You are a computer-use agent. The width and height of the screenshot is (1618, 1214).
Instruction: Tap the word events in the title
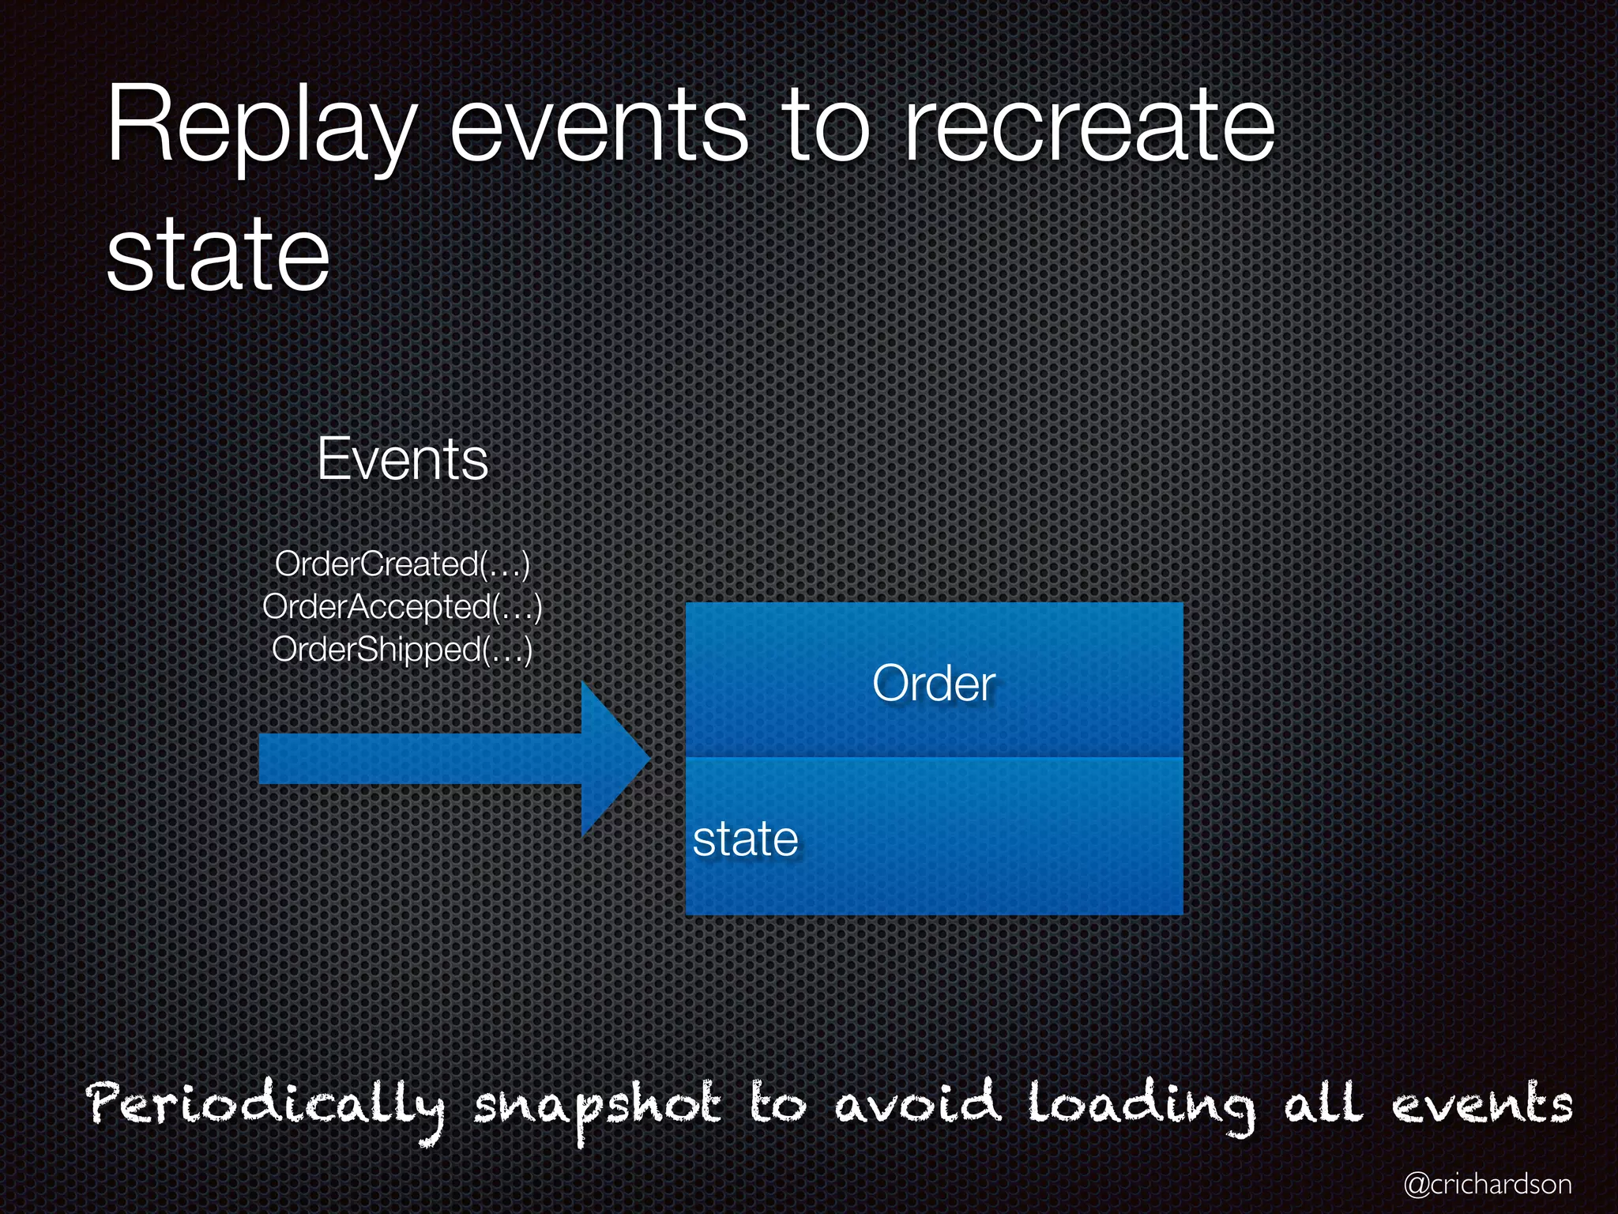(599, 126)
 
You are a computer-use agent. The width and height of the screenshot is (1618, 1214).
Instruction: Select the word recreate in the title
(1089, 126)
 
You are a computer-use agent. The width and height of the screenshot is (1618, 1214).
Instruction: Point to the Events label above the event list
(403, 459)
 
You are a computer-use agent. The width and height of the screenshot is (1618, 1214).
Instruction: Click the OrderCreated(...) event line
(402, 564)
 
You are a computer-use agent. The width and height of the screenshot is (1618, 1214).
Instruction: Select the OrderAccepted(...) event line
(402, 607)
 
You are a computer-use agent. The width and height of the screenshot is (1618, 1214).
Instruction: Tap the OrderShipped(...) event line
(402, 650)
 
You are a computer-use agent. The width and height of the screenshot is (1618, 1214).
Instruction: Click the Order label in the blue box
(934, 684)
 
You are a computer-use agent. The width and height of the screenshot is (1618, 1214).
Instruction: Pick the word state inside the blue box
(745, 839)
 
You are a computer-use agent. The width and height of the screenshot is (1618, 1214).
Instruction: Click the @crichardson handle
(1488, 1184)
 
